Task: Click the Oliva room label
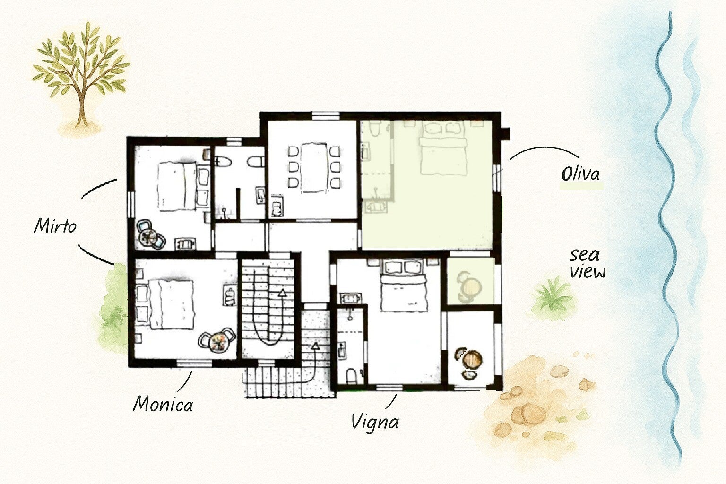pyautogui.click(x=580, y=174)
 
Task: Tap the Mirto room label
pyautogui.click(x=55, y=225)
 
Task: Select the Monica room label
pyautogui.click(x=163, y=404)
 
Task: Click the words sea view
pyautogui.click(x=588, y=264)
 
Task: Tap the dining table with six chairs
pyautogui.click(x=314, y=167)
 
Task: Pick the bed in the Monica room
pyautogui.click(x=165, y=304)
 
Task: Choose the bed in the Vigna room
pyautogui.click(x=403, y=286)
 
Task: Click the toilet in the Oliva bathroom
pyautogui.click(x=374, y=130)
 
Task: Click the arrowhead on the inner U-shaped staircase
pyautogui.click(x=282, y=293)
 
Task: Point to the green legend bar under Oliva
pyautogui.click(x=581, y=186)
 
